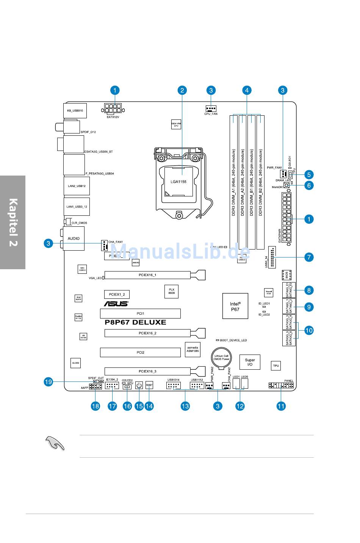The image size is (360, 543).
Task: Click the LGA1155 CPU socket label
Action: point(178,182)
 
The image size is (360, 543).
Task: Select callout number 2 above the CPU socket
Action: point(182,90)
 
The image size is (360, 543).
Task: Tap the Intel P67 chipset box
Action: point(235,306)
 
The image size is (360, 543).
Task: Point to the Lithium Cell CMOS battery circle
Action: point(221,357)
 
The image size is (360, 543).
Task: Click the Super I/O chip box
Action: point(250,363)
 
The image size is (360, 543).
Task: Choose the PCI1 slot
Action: point(140,314)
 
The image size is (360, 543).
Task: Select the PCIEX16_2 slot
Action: point(148,333)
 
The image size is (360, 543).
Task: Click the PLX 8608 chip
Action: point(171,291)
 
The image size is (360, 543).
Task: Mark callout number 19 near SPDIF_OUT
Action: point(48,382)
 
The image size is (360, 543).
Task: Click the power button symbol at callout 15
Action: point(139,386)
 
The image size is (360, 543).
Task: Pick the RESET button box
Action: point(149,386)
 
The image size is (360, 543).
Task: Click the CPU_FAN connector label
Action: point(211,114)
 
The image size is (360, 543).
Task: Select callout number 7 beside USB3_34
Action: point(309,257)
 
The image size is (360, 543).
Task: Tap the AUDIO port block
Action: point(74,239)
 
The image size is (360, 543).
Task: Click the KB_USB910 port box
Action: point(75,110)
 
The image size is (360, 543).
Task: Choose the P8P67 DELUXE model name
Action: point(135,322)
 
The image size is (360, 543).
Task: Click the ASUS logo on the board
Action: point(116,304)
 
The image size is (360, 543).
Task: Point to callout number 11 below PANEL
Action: point(281,406)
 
